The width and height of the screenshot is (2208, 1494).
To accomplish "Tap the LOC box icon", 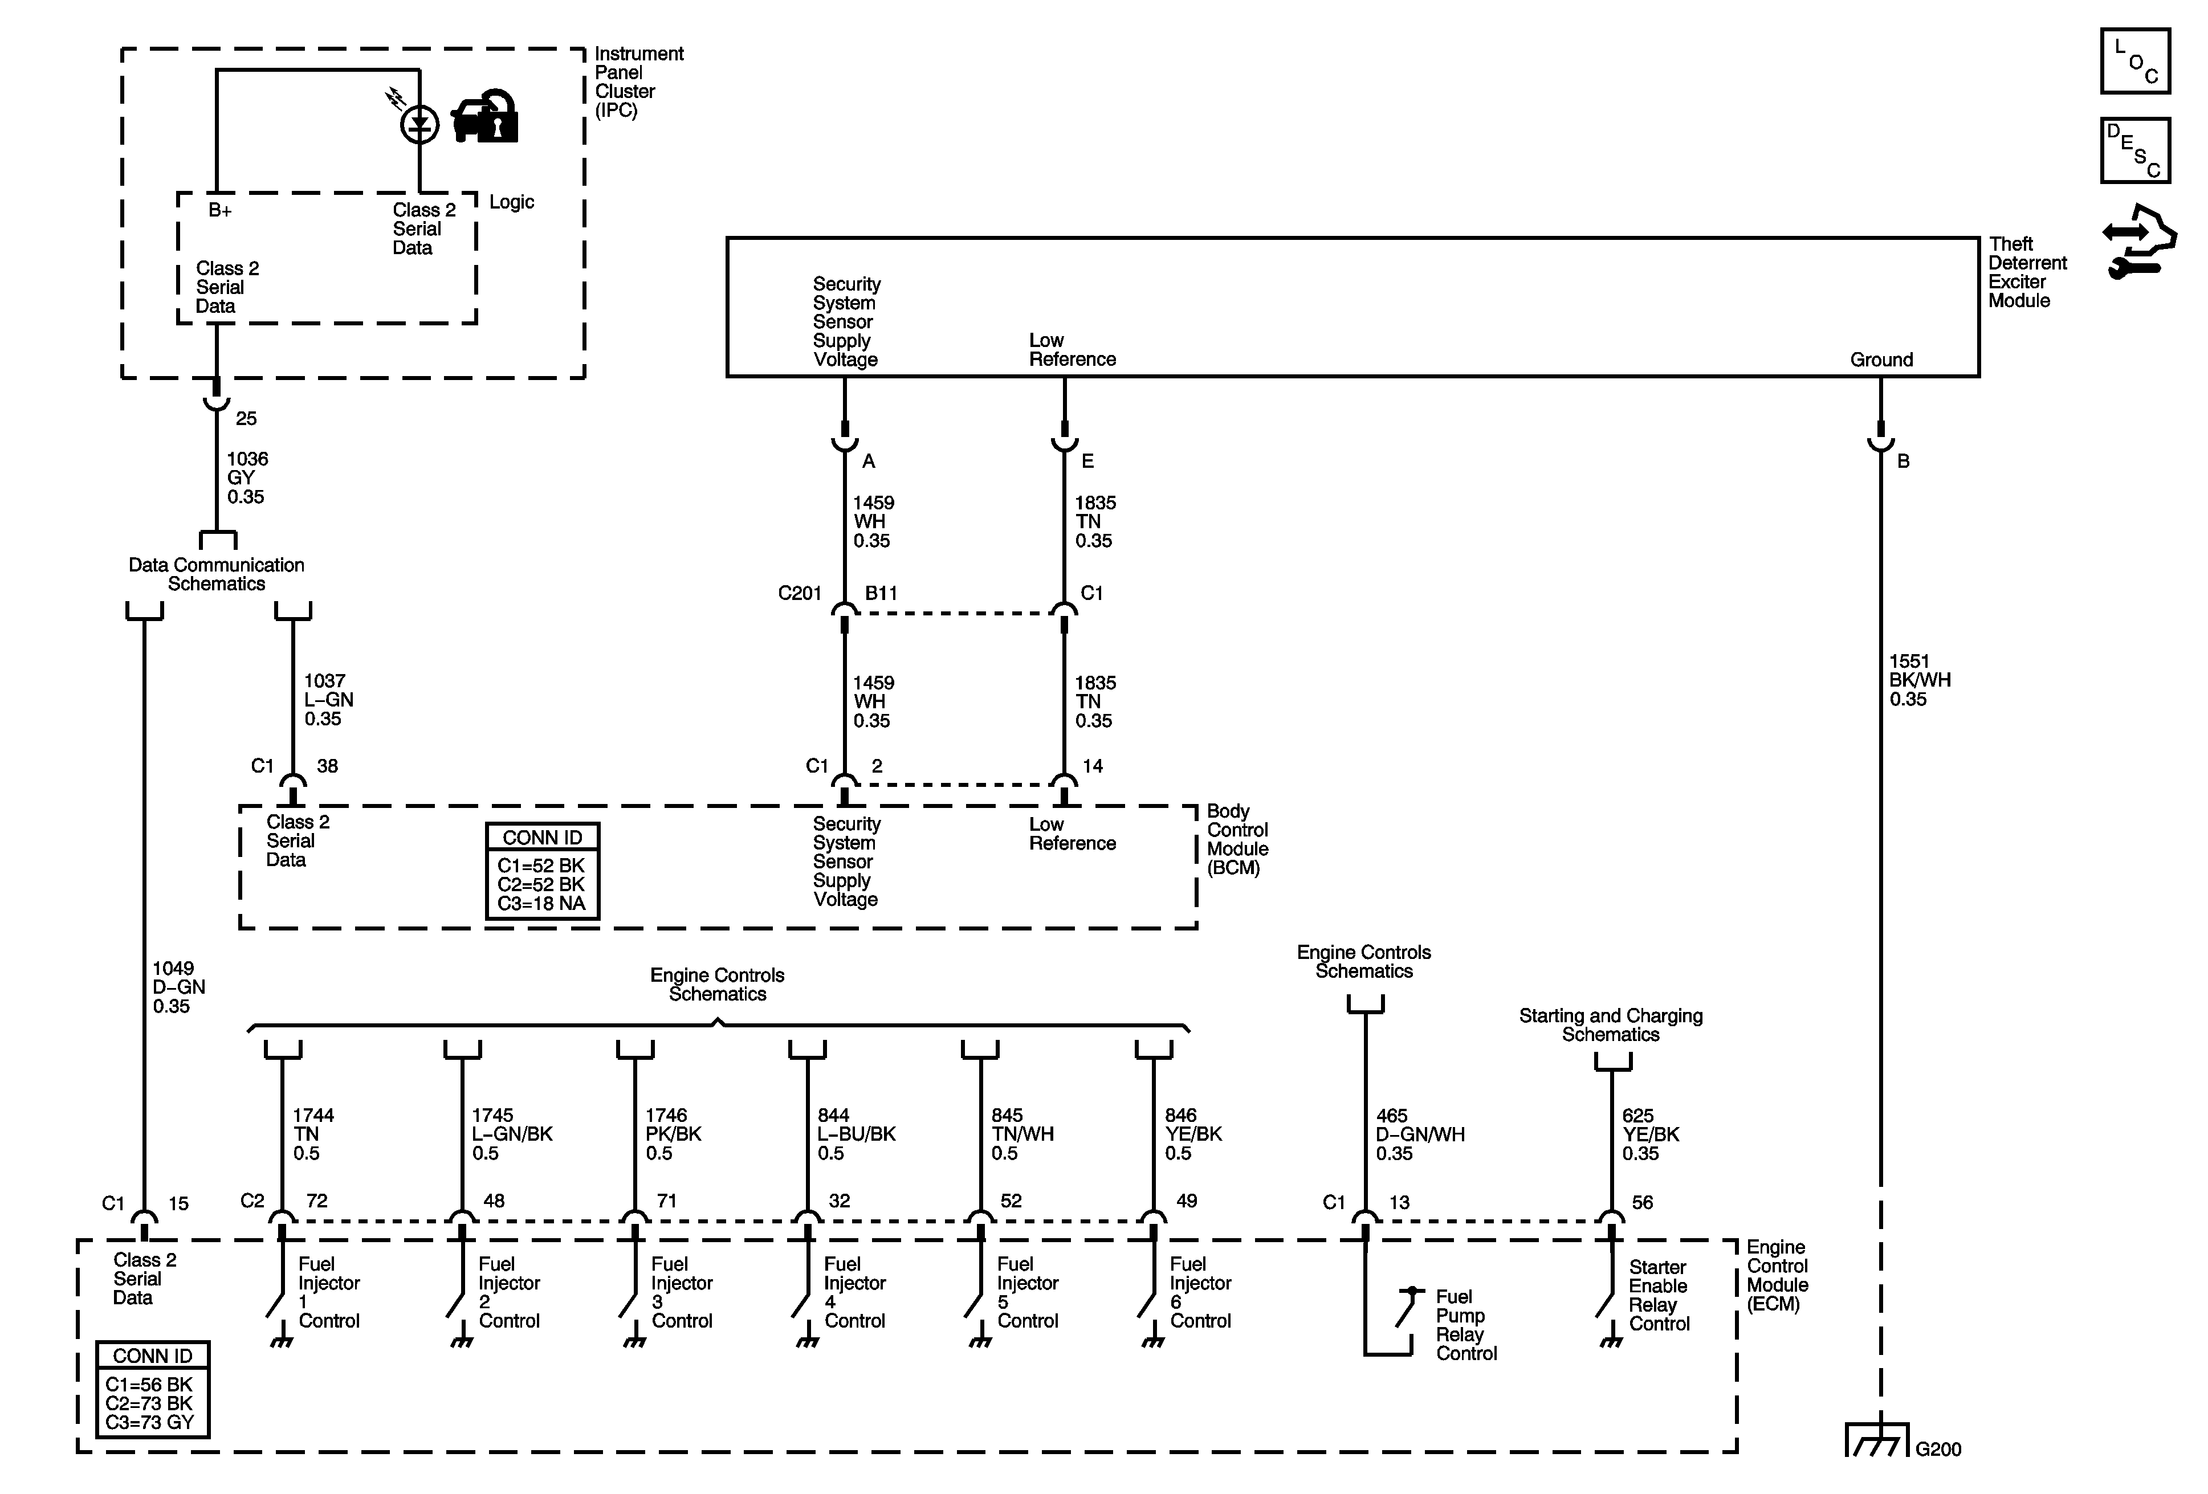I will click(2135, 61).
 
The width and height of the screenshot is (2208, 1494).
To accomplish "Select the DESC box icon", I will click(2135, 150).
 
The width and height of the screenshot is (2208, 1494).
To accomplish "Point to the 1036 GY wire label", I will click(246, 477).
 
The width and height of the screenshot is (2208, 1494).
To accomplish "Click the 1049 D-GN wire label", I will click(178, 987).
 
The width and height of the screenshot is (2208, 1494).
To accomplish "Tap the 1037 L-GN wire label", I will click(328, 700).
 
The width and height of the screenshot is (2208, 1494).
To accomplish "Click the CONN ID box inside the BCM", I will click(543, 871).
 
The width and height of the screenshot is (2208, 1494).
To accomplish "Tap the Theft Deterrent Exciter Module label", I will click(2027, 272).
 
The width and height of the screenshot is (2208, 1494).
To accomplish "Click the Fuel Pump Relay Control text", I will click(1465, 1325).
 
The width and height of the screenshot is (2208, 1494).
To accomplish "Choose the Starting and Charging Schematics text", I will click(1610, 1025).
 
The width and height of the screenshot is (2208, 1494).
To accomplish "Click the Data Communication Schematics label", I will click(217, 574).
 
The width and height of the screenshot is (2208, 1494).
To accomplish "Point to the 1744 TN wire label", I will click(312, 1134).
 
